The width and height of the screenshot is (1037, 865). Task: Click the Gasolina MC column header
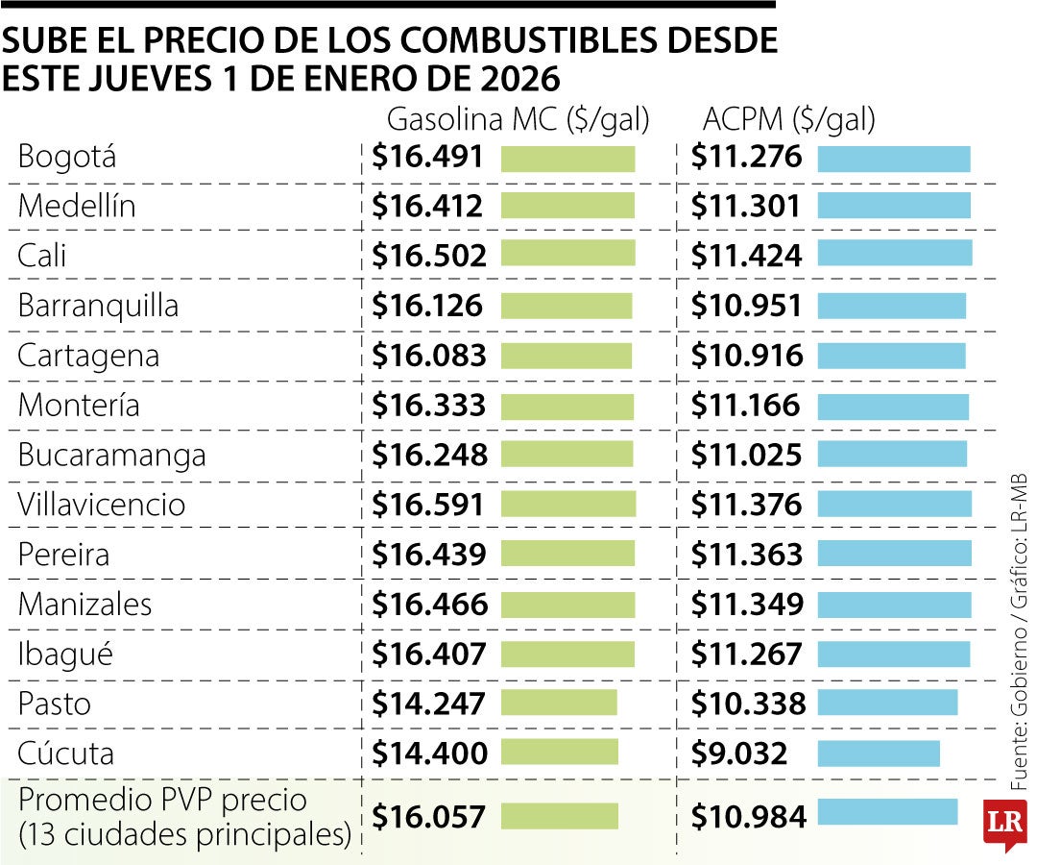(518, 120)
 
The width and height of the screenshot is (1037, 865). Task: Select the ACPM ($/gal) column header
(788, 120)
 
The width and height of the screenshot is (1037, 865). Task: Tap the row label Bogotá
(67, 157)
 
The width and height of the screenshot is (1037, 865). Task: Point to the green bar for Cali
(567, 254)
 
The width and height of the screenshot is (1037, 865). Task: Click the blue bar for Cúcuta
(878, 754)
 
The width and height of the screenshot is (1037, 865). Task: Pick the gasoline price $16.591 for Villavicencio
(430, 505)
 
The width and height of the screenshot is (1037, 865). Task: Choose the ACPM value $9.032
(739, 754)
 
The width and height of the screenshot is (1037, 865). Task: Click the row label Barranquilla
(98, 306)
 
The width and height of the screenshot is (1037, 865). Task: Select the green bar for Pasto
(559, 704)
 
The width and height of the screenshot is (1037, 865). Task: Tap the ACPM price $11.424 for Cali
(746, 256)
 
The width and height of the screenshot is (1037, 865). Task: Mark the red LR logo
(1003, 825)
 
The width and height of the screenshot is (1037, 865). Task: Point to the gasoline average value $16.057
(429, 817)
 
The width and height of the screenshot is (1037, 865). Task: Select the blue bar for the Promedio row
(886, 812)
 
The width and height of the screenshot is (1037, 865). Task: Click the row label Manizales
(84, 605)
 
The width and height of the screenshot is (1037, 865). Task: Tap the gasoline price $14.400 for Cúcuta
(430, 754)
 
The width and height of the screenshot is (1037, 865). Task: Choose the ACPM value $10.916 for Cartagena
(746, 356)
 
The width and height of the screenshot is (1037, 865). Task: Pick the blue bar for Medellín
(893, 205)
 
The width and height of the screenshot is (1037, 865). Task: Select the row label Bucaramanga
(111, 455)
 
